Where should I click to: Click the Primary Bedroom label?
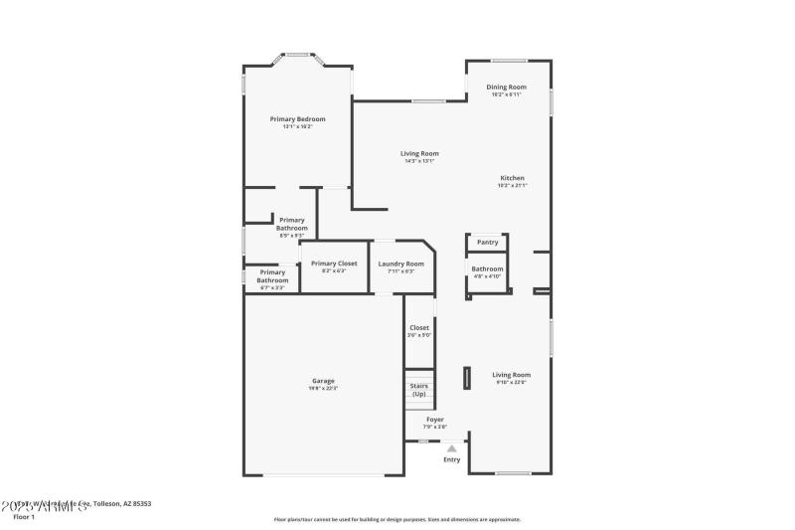[x=297, y=119]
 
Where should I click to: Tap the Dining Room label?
[x=506, y=88]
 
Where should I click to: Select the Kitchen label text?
[x=512, y=178]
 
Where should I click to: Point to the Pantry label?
[x=487, y=242]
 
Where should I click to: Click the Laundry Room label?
[x=400, y=264]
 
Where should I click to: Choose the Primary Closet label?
[x=334, y=264]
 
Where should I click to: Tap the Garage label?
[x=323, y=381]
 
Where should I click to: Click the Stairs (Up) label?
[x=418, y=390]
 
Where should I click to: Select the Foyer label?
[x=435, y=420]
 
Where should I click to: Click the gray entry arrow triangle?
[x=451, y=448]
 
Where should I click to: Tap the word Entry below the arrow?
[x=451, y=459]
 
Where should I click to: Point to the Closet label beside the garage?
[x=418, y=327]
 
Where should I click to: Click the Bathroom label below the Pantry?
[x=487, y=268]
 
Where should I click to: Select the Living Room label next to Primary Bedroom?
[x=419, y=154]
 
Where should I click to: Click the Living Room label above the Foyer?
[x=512, y=375]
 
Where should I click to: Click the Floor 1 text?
[x=24, y=517]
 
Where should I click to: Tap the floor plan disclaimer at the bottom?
[x=397, y=519]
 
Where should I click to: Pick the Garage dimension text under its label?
[x=323, y=388]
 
